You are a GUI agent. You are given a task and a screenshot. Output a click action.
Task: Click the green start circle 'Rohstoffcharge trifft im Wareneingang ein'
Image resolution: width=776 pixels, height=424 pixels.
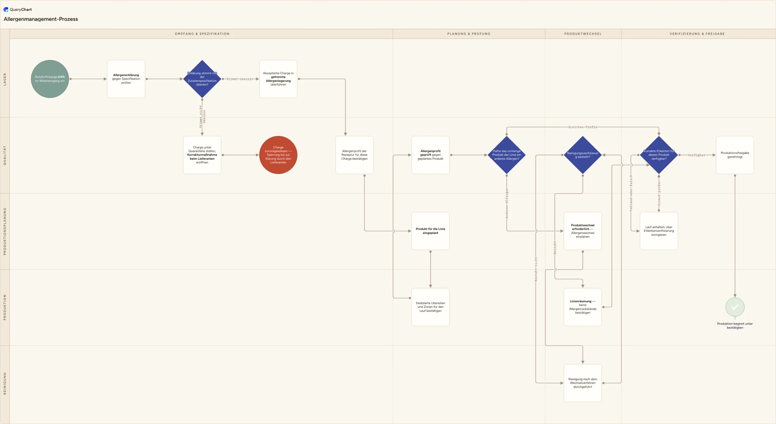click(x=50, y=79)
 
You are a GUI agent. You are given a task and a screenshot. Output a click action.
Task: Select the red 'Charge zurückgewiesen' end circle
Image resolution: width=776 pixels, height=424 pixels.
click(x=278, y=155)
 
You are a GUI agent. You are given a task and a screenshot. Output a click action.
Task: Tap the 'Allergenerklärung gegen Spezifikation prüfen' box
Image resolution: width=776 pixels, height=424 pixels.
click(x=126, y=79)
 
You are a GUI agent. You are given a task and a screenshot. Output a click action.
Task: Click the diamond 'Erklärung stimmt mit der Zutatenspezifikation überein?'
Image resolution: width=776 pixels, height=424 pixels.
click(x=202, y=79)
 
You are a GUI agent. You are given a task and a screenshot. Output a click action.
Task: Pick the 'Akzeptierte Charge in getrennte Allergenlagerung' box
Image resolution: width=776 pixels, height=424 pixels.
click(x=278, y=79)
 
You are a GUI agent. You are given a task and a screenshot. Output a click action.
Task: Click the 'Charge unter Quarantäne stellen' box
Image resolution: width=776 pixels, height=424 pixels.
click(x=202, y=155)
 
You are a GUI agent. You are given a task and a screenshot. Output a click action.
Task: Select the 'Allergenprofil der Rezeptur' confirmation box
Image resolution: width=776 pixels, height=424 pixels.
click(x=354, y=155)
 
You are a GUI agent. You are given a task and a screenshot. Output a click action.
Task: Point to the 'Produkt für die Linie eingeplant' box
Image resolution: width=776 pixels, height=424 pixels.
click(x=431, y=231)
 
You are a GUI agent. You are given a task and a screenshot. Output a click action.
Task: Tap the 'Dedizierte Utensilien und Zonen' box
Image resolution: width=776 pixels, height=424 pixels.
click(x=431, y=307)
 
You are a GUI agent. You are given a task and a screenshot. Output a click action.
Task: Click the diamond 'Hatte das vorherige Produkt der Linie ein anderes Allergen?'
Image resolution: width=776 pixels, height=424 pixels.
click(x=507, y=155)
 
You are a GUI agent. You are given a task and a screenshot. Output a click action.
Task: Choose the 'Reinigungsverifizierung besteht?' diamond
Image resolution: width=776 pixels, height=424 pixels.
click(x=583, y=155)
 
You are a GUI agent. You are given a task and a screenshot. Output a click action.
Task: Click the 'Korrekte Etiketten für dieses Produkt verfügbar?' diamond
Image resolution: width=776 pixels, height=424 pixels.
click(x=659, y=155)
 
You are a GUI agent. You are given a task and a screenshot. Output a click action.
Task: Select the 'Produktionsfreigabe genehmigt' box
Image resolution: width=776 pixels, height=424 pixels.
click(x=735, y=155)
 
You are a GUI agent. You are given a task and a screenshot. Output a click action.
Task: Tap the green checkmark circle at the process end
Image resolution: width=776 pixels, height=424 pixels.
click(x=735, y=307)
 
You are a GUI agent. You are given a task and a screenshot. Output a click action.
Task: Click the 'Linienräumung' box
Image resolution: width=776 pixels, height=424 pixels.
click(x=583, y=307)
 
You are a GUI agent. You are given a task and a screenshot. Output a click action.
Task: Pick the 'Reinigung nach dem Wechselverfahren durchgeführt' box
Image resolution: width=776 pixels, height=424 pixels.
click(x=583, y=383)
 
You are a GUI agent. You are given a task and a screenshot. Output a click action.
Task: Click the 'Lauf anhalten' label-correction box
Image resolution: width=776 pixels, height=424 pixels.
click(x=659, y=231)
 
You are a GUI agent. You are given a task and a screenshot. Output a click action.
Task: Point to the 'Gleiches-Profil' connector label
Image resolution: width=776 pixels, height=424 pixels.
click(x=583, y=127)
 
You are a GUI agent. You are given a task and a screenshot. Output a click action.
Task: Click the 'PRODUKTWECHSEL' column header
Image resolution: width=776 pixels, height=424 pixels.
click(x=583, y=34)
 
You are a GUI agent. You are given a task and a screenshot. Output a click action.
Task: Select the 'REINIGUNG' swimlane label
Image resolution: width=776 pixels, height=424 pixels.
click(x=5, y=383)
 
